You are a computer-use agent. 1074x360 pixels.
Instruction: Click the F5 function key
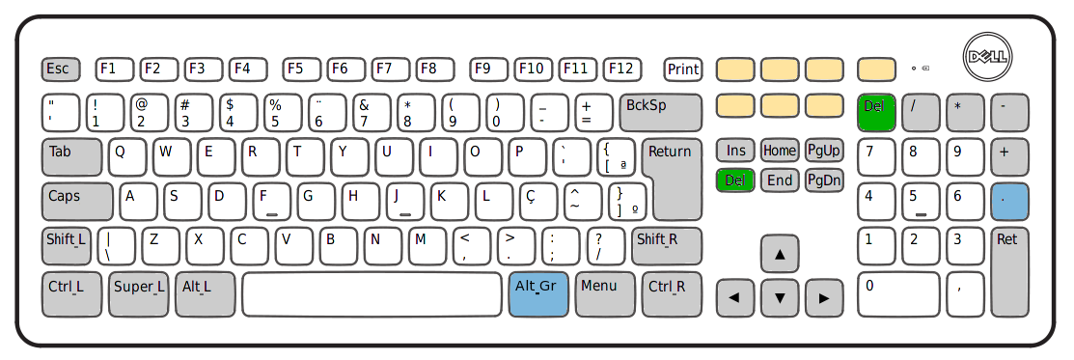pos(299,69)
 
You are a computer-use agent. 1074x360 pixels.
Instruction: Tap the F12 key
pos(621,69)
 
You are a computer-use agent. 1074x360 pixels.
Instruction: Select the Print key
pos(683,69)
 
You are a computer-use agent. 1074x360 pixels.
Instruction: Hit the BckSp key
pos(659,112)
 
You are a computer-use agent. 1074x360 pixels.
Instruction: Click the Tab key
pos(71,157)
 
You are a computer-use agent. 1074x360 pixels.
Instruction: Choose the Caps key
pos(76,202)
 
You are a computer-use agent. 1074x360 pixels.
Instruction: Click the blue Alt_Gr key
pos(537,293)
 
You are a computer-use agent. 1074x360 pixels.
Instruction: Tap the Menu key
pos(604,293)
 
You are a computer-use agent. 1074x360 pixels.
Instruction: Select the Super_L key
pos(138,293)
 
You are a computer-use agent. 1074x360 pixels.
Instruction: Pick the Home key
pos(780,151)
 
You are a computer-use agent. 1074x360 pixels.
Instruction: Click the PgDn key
pos(824,180)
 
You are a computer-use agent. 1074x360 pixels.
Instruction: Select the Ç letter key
pos(538,202)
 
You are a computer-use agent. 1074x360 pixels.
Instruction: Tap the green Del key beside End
pos(735,180)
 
